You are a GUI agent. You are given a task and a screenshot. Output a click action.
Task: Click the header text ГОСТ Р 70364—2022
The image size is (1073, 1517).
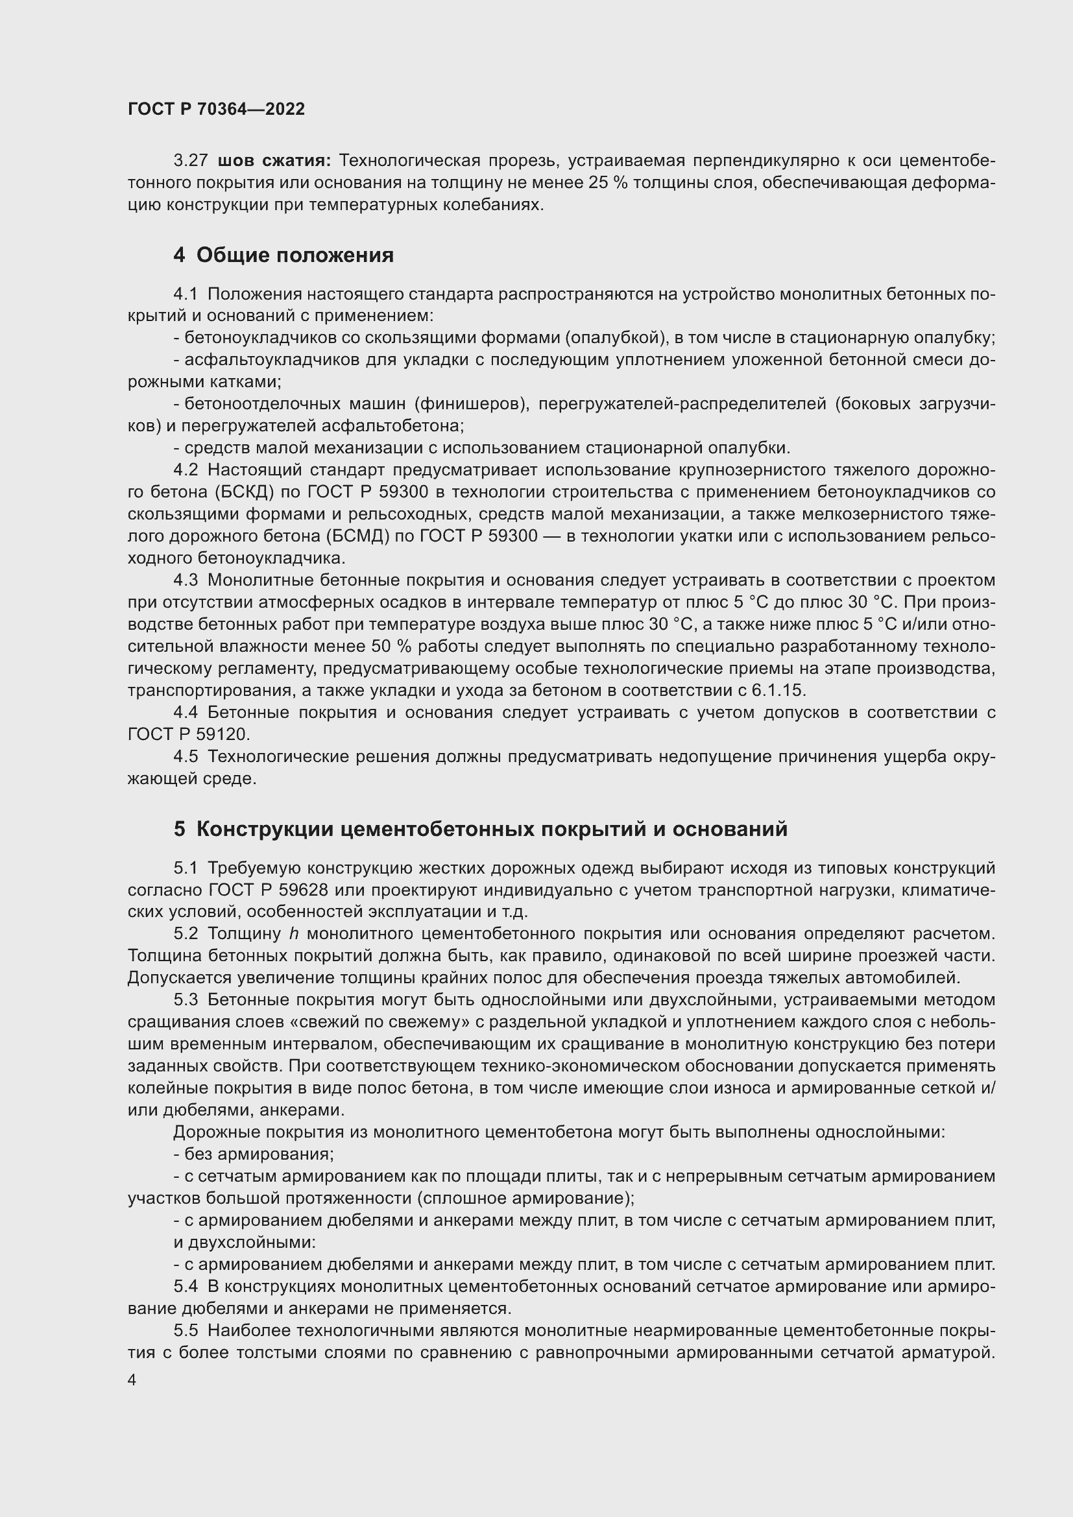(216, 109)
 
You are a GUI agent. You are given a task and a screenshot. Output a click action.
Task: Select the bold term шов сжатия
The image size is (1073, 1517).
(274, 161)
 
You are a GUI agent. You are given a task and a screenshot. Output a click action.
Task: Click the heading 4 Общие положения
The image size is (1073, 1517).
(283, 255)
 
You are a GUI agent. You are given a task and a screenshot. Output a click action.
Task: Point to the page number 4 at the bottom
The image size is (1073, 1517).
(132, 1380)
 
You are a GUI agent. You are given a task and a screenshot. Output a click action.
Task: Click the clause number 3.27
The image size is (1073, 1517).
(190, 161)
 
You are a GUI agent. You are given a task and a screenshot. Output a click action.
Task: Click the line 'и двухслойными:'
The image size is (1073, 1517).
(245, 1242)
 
